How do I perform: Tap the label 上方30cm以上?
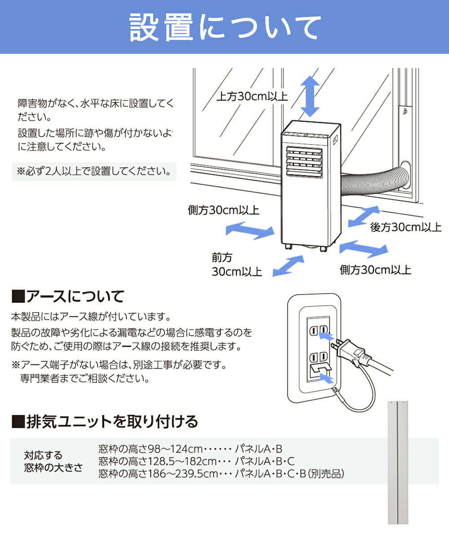point(252,96)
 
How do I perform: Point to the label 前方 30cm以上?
point(237,265)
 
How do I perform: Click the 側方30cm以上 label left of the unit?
point(223,210)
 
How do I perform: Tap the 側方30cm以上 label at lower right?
point(375,269)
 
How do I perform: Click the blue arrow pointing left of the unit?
point(250,230)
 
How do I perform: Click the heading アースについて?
point(67,296)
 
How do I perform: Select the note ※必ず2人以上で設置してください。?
point(94,171)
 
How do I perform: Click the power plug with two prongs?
point(355,353)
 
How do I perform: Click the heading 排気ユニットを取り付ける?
point(104,421)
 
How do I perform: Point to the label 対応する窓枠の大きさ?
point(53,461)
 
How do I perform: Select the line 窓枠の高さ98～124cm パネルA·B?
point(190,449)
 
